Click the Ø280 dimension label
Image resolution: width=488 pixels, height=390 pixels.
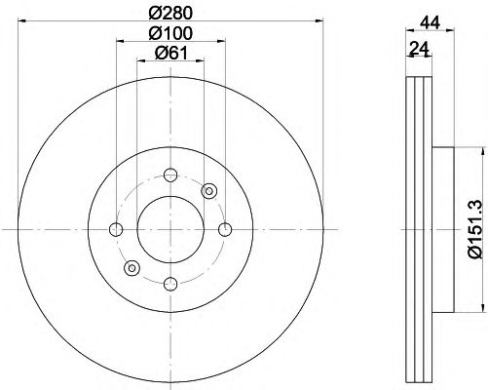[x=170, y=13]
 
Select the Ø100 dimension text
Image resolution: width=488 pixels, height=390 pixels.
[x=170, y=33]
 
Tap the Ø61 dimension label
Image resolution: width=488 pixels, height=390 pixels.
[x=171, y=53]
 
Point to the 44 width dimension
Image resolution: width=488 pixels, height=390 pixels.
[x=430, y=22]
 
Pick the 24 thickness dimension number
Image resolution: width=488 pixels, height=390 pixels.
[x=420, y=48]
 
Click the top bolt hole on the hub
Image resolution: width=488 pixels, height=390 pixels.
[x=170, y=175]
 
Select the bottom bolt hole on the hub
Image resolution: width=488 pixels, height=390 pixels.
[x=170, y=284]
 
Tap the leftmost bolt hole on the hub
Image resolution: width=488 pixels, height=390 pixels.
[x=116, y=229]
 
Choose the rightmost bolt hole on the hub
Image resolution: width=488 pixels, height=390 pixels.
[x=225, y=229]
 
